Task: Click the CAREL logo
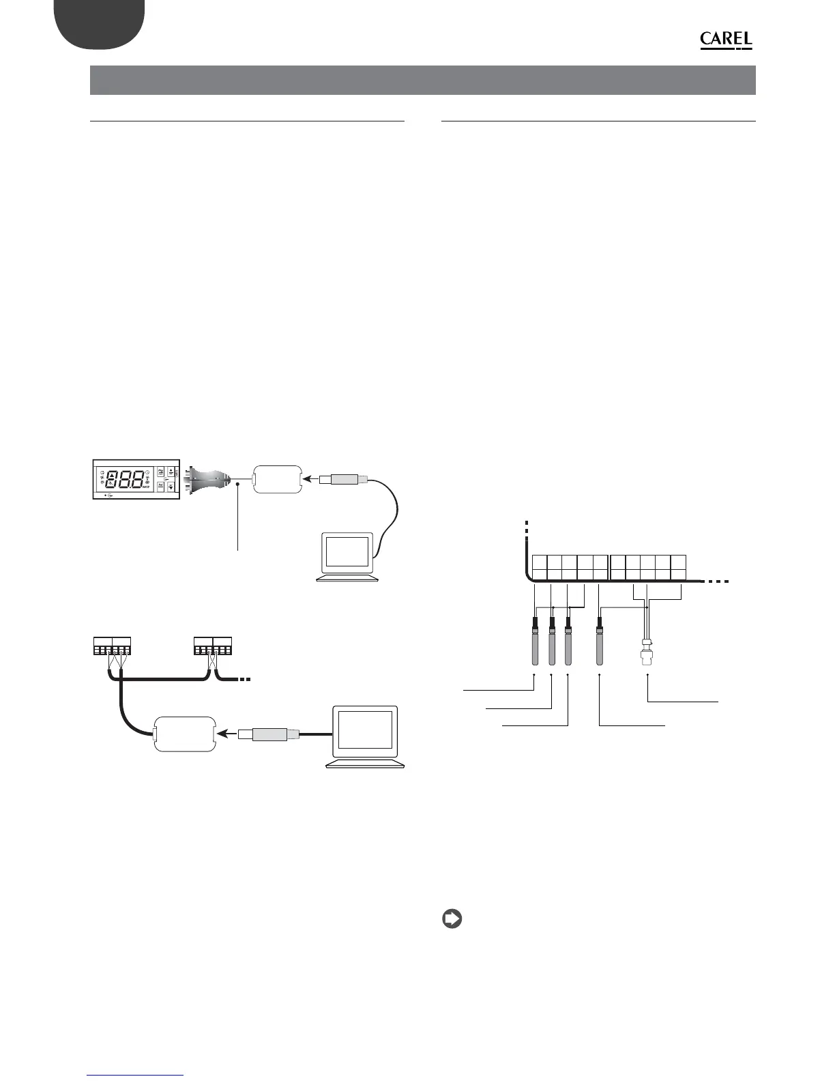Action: (x=726, y=41)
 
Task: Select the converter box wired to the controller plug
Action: (x=276, y=479)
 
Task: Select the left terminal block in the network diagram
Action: (x=111, y=645)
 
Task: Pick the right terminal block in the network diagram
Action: (x=213, y=645)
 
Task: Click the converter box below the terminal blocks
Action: (x=186, y=734)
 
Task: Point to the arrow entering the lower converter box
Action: (x=227, y=734)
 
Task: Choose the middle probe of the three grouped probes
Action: (x=551, y=644)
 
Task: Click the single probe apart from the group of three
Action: (x=600, y=644)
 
